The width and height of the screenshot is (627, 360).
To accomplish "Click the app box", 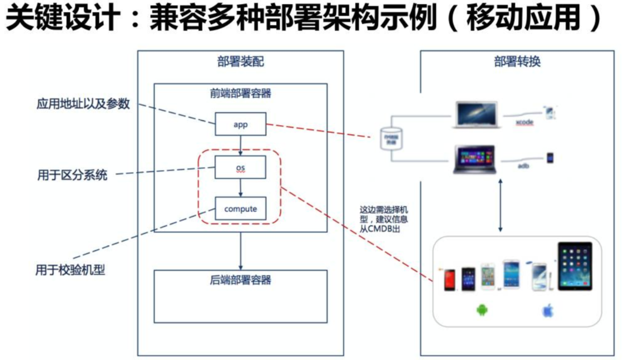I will point(240,124).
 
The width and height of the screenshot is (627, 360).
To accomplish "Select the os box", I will point(240,168).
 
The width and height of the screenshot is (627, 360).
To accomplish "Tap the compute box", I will point(240,209).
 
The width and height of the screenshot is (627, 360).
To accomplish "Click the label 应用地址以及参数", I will point(83,104).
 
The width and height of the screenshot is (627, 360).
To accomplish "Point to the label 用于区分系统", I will point(72,174).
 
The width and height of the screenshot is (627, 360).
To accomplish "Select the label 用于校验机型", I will point(70,270).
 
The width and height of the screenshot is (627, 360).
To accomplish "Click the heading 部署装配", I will point(240,62).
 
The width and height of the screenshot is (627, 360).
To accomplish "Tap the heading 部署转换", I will point(517,62).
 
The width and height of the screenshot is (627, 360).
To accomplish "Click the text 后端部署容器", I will point(240,280).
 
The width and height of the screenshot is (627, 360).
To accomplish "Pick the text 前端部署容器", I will point(240,93).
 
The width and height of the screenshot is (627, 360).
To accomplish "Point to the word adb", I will point(523,166).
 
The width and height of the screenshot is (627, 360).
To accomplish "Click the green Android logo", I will point(481,310).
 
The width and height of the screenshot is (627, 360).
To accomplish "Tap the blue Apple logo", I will point(548,311).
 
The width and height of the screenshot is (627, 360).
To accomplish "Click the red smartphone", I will point(449,280).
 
